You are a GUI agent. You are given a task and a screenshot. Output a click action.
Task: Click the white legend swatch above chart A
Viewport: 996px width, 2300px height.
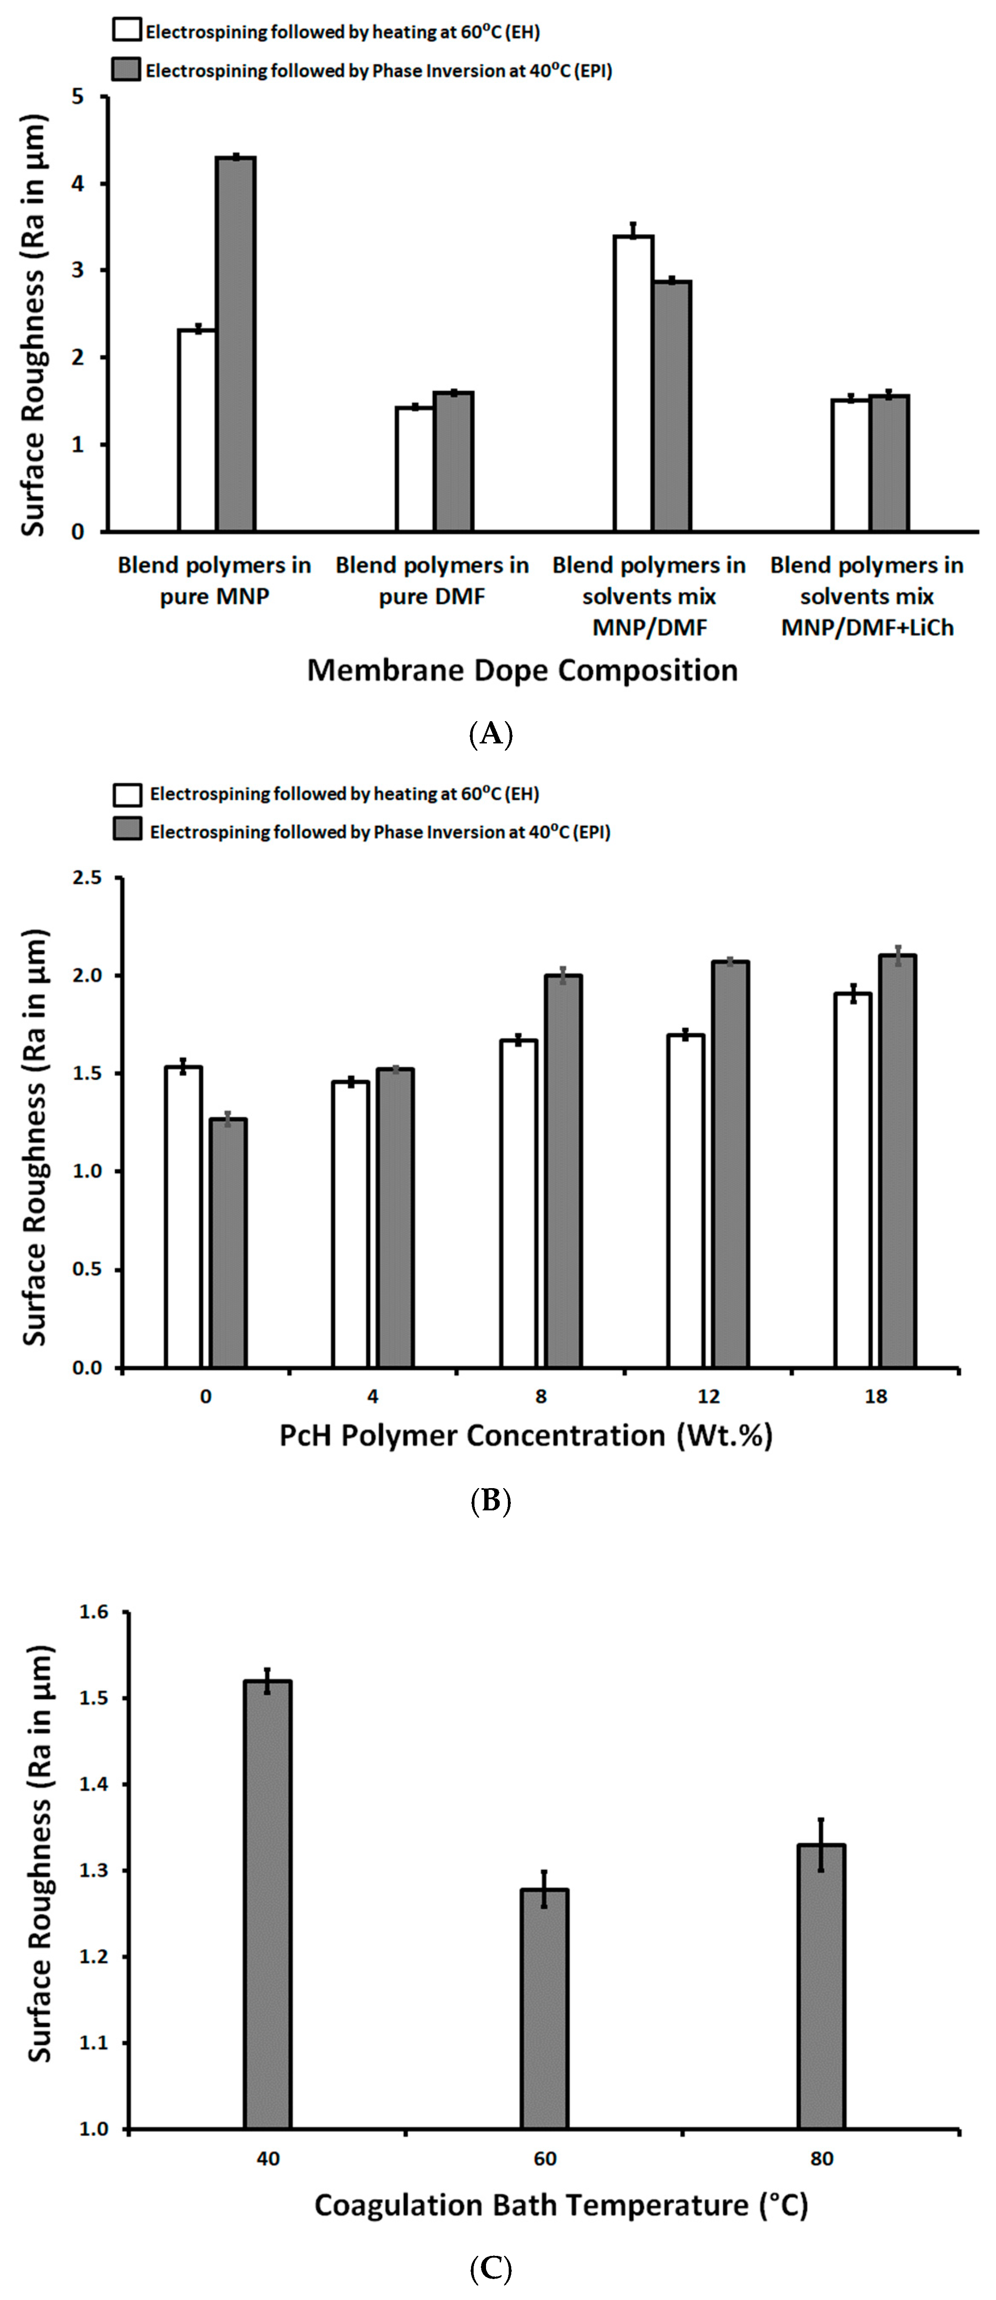tap(127, 30)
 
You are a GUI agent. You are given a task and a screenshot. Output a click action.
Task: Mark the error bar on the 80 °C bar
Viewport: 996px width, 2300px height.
tap(821, 1844)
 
